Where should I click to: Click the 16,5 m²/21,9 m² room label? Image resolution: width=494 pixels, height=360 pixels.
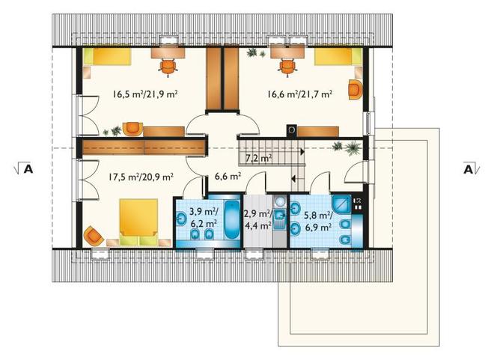[x=145, y=94]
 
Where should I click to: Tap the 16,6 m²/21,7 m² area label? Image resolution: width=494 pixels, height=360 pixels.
[x=300, y=94]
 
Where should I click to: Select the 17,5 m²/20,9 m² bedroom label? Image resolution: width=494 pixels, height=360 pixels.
[x=141, y=177]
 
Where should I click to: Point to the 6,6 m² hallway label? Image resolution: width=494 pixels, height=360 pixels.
[x=228, y=177]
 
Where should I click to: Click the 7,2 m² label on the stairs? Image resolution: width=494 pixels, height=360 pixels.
[x=259, y=158]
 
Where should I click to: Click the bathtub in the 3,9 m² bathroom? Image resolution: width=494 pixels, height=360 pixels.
[x=233, y=221]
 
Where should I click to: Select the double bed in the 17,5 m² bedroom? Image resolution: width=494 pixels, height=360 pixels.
[x=138, y=222]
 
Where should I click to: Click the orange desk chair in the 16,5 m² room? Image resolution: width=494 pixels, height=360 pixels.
[x=168, y=67]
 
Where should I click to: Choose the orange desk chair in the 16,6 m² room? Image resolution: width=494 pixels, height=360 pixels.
[x=287, y=67]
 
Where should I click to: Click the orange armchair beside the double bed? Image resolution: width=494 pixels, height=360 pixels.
[x=94, y=236]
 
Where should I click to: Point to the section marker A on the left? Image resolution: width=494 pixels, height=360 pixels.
[x=24, y=169]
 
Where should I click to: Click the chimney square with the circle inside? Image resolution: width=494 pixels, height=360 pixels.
[x=291, y=130]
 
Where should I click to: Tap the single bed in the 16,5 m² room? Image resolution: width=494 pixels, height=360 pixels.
[x=107, y=56]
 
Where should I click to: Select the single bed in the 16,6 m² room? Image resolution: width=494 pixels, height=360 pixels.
[x=338, y=56]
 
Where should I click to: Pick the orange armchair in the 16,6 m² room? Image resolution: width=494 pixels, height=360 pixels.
[x=355, y=90]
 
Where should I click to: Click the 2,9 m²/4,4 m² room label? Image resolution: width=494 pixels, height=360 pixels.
[x=258, y=219]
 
